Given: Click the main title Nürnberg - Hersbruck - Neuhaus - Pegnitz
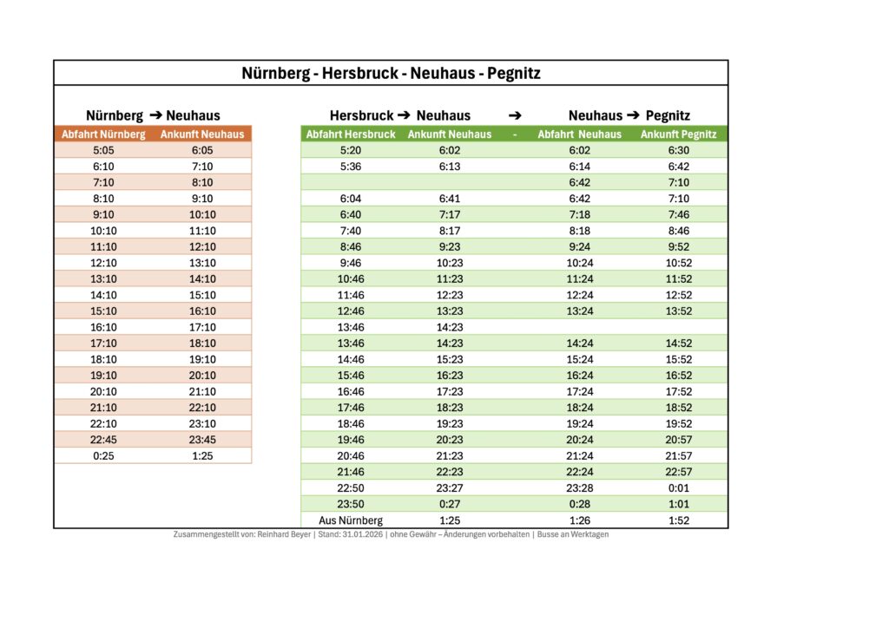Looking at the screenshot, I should (391, 74).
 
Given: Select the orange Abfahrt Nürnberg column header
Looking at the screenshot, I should (103, 134).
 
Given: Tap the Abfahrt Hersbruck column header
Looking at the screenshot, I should (351, 134).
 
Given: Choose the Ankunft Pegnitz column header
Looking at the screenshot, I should (678, 134).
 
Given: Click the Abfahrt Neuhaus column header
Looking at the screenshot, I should (579, 134).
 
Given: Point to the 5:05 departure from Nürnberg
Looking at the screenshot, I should (103, 150).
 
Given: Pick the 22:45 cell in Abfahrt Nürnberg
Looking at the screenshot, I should (103, 440).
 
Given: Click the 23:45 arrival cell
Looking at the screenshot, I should (202, 440).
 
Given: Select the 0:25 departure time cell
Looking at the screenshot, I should (103, 455).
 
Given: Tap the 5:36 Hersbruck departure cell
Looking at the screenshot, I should (351, 167).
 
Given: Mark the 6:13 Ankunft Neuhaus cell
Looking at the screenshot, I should (450, 167).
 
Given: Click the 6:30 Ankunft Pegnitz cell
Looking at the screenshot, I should (678, 150).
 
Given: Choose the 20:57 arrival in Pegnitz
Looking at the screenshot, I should (678, 440).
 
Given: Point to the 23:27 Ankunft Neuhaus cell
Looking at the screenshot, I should (450, 488).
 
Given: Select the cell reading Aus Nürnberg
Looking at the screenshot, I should (351, 520).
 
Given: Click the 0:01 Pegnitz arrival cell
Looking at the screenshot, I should (678, 488).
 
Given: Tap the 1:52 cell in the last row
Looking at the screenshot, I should (678, 520).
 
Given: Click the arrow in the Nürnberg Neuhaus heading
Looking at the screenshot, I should (155, 115).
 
